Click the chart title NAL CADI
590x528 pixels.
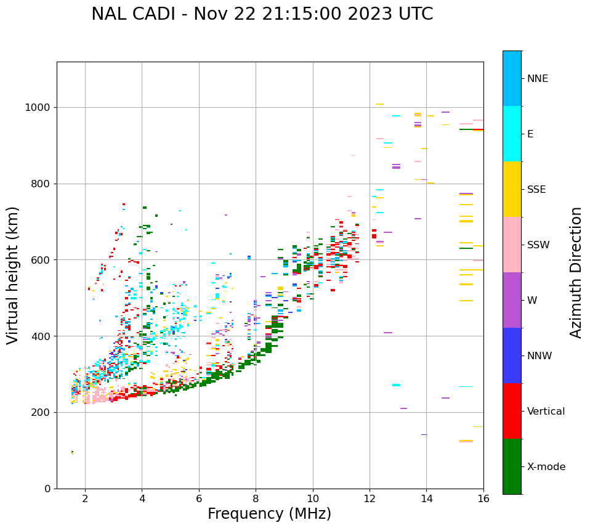pyautogui.click(x=262, y=14)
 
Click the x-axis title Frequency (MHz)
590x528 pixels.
pyautogui.click(x=269, y=514)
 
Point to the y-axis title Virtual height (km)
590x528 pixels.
pyautogui.click(x=14, y=275)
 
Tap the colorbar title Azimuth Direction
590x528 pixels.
pyautogui.click(x=576, y=272)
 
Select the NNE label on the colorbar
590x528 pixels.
pyautogui.click(x=537, y=79)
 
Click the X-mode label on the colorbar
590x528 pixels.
pyautogui.click(x=546, y=467)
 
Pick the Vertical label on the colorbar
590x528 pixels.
pyautogui.click(x=546, y=412)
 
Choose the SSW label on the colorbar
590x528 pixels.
pyautogui.click(x=538, y=245)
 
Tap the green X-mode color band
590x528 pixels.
pyautogui.click(x=512, y=466)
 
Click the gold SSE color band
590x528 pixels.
pyautogui.click(x=512, y=189)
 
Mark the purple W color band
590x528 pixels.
pyautogui.click(x=512, y=300)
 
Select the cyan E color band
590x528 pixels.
pyautogui.click(x=512, y=134)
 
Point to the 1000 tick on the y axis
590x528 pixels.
pyautogui.click(x=39, y=108)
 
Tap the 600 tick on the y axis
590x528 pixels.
pyautogui.click(x=42, y=260)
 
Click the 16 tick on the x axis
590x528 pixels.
pyautogui.click(x=483, y=498)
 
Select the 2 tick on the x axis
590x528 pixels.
pyautogui.click(x=85, y=498)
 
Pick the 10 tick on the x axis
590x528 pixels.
pyautogui.click(x=313, y=498)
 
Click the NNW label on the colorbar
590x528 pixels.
pyautogui.click(x=539, y=356)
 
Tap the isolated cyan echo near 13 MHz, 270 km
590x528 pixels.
pyautogui.click(x=396, y=385)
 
